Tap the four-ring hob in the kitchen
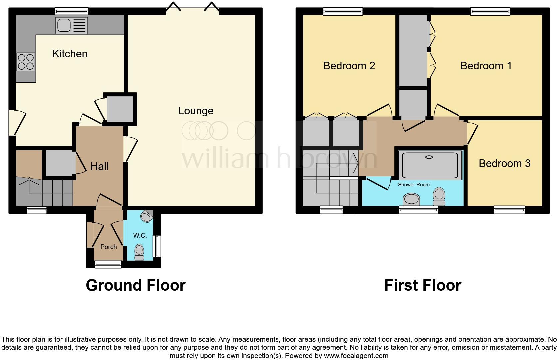[x=26, y=62]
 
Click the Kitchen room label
[x=70, y=54]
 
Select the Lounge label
[x=196, y=111]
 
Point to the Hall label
[x=99, y=166]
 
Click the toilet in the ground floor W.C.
[x=139, y=252]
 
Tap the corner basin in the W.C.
[x=146, y=217]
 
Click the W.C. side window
[x=157, y=246]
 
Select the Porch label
[x=108, y=247]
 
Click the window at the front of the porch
[x=108, y=264]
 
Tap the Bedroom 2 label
[x=349, y=66]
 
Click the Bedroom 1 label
[x=486, y=66]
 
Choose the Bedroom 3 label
[x=504, y=163]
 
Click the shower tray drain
[x=429, y=157]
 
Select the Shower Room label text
[x=414, y=184]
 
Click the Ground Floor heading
[x=135, y=285]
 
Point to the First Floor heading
[x=422, y=285]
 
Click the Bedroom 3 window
[x=509, y=210]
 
